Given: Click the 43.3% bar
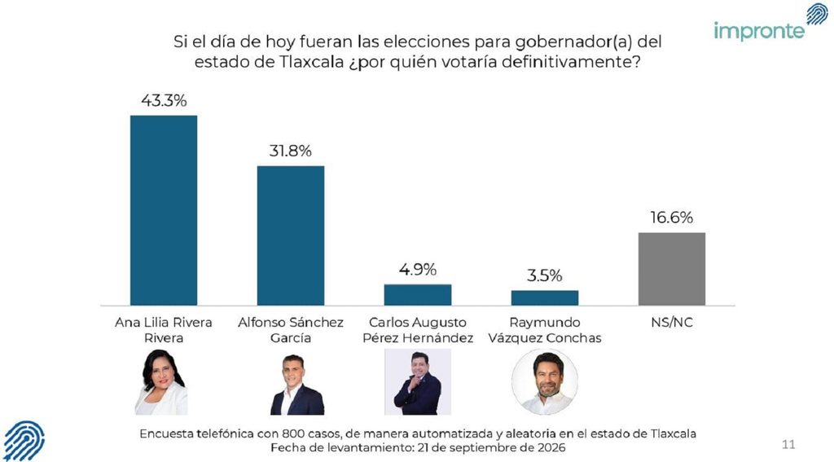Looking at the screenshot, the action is point(163,210).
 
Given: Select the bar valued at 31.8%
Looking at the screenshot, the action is point(291,235).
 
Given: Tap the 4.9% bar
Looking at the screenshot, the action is point(418,295).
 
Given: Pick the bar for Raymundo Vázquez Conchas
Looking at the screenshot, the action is point(545,298).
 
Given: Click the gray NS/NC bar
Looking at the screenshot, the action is point(672,269).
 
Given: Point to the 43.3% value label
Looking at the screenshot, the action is point(164,100).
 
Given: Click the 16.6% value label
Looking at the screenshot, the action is point(672,218).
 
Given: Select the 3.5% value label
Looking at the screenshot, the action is point(545,275).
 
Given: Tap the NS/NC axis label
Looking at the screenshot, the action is point(672,323).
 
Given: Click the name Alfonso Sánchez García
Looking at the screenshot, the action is point(291,330).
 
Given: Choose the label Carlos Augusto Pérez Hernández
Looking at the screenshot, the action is point(418,330).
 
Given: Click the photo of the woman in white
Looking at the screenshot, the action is point(161,382).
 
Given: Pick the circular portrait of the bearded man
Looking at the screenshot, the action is point(545,381).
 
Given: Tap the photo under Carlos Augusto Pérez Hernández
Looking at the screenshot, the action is point(418,382).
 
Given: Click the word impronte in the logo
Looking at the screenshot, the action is point(759,32).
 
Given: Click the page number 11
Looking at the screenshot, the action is point(788,444).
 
